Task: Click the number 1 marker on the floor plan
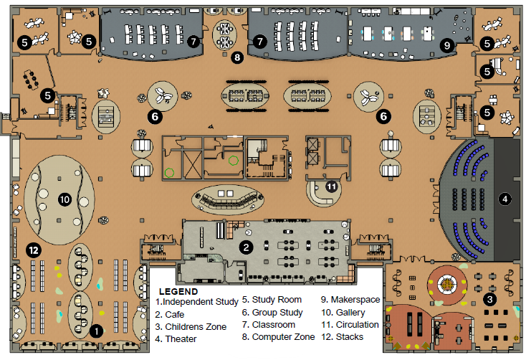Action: tap(95, 331)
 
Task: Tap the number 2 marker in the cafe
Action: tap(246, 247)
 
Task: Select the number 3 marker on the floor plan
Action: tap(490, 299)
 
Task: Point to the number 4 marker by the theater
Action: tap(505, 199)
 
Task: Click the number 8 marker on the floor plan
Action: tap(237, 56)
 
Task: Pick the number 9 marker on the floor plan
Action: tap(447, 45)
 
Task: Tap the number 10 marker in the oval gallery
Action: tap(64, 199)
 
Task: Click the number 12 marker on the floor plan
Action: tap(32, 250)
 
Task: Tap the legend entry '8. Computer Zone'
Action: tap(278, 336)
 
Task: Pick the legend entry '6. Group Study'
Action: tap(272, 312)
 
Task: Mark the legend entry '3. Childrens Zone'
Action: tap(191, 326)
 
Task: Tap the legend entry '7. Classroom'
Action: tap(269, 324)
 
